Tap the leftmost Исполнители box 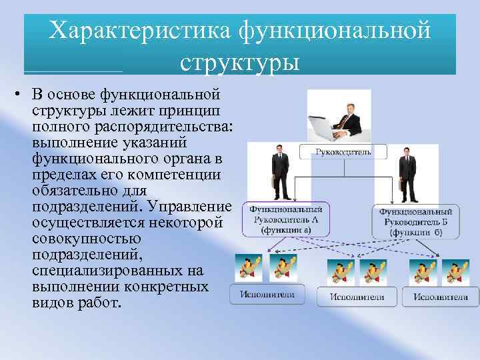(266, 294)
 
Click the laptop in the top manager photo (325, 127)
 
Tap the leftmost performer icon (248, 267)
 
